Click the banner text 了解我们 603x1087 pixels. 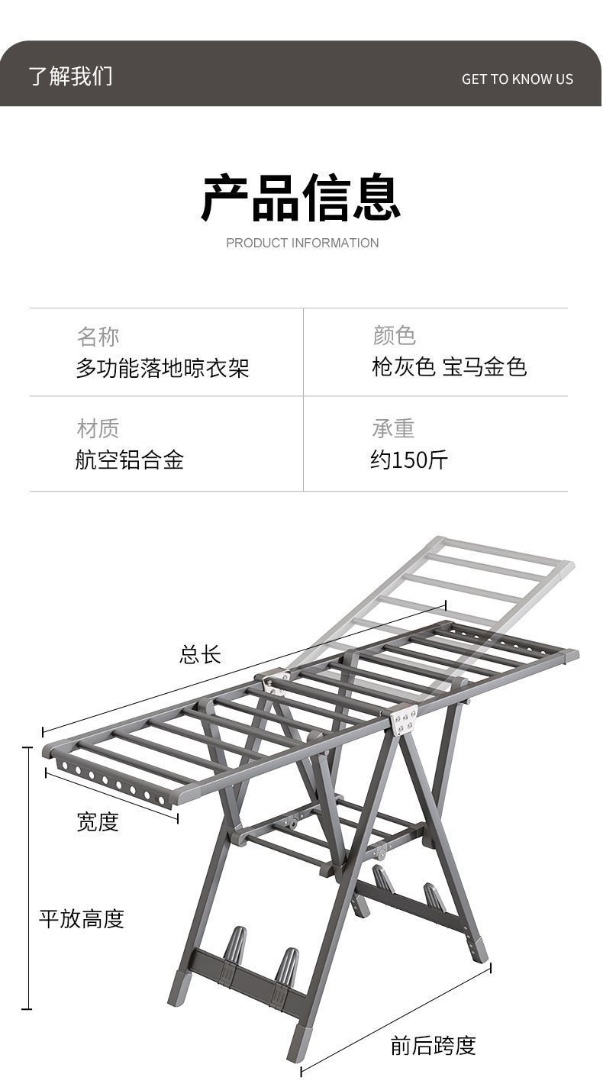pyautogui.click(x=70, y=76)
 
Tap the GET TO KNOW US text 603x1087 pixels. pyautogui.click(x=517, y=79)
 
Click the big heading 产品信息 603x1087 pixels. pyautogui.click(x=301, y=198)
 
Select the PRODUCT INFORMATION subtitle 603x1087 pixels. pyautogui.click(x=302, y=243)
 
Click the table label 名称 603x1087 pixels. pyautogui.click(x=98, y=336)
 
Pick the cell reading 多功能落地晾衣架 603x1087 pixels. pyautogui.click(x=162, y=368)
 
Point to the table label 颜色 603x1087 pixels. pyautogui.click(x=394, y=335)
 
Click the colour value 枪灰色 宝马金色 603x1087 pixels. pyautogui.click(x=449, y=367)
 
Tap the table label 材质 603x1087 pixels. pyautogui.click(x=98, y=428)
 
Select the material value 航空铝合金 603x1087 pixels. pyautogui.click(x=129, y=460)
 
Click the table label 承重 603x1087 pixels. pyautogui.click(x=393, y=428)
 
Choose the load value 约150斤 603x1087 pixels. pyautogui.click(x=408, y=460)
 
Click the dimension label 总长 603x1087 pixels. pyautogui.click(x=200, y=654)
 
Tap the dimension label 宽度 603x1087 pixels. pyautogui.click(x=98, y=821)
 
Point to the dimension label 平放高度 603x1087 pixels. pyautogui.click(x=81, y=918)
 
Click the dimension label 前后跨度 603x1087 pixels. pyautogui.click(x=433, y=1045)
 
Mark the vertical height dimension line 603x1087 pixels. pyautogui.click(x=28, y=878)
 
